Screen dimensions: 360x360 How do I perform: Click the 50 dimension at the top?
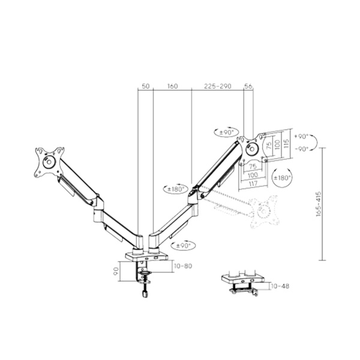[x=145, y=86]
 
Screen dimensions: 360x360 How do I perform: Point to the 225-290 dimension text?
[x=218, y=86]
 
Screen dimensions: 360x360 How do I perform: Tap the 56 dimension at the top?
[x=249, y=86]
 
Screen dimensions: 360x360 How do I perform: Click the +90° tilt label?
[x=301, y=136]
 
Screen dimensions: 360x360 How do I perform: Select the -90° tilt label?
[x=301, y=148]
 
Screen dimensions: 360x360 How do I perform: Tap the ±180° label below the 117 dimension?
[x=281, y=178]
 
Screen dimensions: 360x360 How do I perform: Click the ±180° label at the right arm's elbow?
[x=173, y=189]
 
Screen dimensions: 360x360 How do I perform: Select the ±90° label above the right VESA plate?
[x=227, y=132]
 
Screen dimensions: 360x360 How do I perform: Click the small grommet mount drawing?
[x=242, y=284]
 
